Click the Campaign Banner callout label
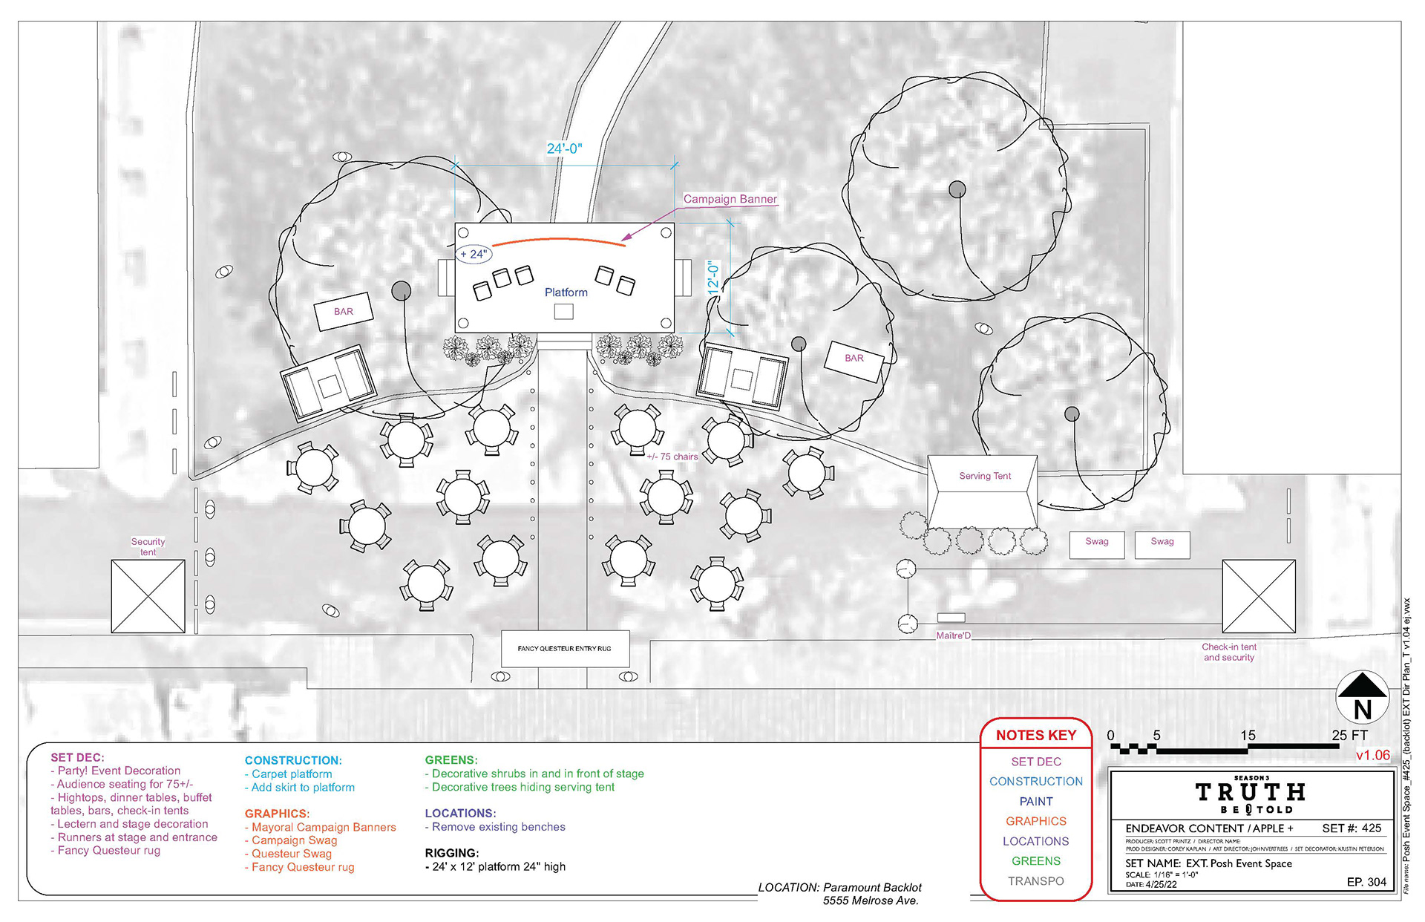(730, 199)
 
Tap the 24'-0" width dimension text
(564, 148)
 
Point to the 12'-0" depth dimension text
(713, 275)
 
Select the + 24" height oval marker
(474, 254)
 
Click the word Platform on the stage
(566, 292)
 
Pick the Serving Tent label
(985, 476)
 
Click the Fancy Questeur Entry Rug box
(565, 649)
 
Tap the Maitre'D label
(953, 635)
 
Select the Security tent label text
(148, 546)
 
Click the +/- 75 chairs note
(672, 457)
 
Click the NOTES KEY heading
(1035, 735)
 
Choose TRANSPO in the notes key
(1035, 881)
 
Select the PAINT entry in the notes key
(1035, 802)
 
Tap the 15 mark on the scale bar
(1248, 735)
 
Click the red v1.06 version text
(1372, 756)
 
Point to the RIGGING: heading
(451, 853)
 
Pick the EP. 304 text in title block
(1366, 882)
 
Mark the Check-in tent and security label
(1228, 652)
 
